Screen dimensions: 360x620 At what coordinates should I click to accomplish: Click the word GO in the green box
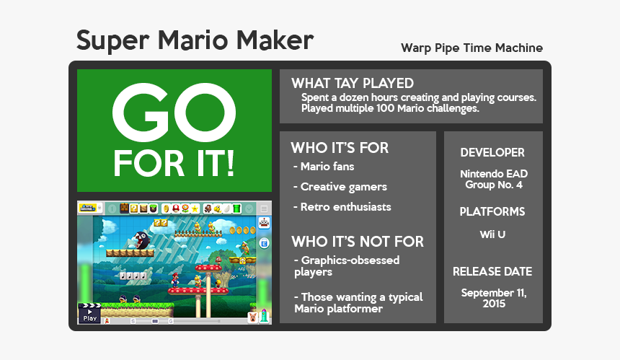[174, 113]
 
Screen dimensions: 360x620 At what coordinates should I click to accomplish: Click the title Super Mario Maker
[195, 40]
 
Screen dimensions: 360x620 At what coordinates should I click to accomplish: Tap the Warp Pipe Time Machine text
[471, 48]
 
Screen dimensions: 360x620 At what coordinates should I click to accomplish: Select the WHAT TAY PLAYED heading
[352, 83]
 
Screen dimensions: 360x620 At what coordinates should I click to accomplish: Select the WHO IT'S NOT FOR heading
[357, 241]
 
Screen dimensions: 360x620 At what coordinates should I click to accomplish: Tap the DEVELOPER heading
[492, 153]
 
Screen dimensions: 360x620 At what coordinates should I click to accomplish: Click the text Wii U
[492, 234]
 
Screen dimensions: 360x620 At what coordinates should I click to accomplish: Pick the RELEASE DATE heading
[492, 272]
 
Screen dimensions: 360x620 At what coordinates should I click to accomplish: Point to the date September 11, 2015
[494, 298]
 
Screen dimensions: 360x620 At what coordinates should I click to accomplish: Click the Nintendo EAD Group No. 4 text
[492, 180]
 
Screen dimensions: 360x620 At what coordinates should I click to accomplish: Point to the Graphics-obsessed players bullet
[346, 266]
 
